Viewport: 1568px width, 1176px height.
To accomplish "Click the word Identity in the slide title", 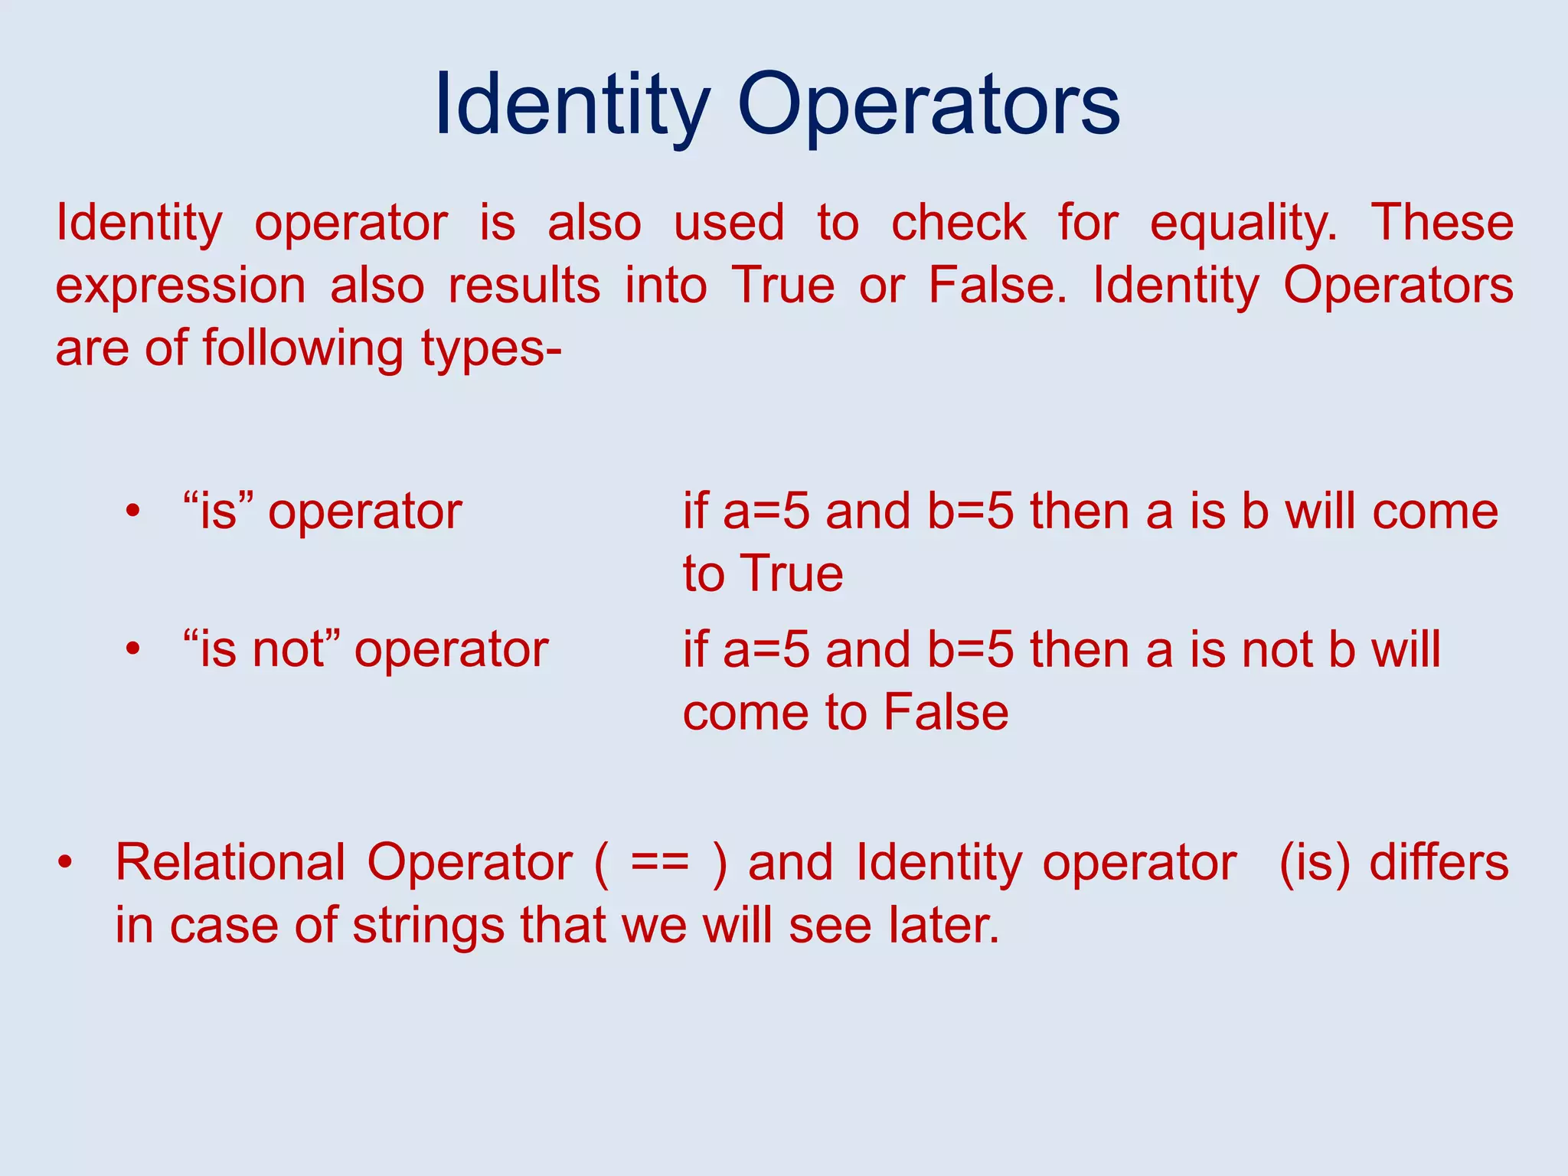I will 571,105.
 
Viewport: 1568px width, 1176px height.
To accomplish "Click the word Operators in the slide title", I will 928,105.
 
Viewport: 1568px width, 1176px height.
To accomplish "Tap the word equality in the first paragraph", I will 1243,224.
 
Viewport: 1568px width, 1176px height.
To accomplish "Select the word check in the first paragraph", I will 959,224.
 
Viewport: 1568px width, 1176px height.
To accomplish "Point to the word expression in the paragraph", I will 181,286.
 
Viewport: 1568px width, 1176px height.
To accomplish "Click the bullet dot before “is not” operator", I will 133,650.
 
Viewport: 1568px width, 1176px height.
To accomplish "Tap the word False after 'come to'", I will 946,712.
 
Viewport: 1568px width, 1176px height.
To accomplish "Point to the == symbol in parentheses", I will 660,863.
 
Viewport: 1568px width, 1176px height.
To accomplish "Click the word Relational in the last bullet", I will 230,863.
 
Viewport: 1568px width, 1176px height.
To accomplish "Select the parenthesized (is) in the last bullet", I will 1315,863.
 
